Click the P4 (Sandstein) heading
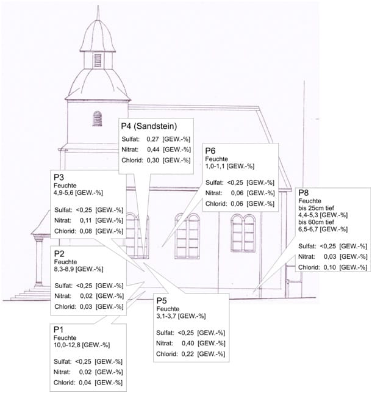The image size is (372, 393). [x=149, y=126]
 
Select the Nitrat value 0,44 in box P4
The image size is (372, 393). [x=153, y=150]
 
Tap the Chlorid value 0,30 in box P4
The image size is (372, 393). [x=153, y=160]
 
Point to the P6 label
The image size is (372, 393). [x=210, y=151]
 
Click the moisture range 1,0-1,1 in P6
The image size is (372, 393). [x=215, y=166]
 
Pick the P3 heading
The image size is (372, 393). [x=59, y=177]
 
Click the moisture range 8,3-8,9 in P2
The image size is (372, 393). [x=64, y=269]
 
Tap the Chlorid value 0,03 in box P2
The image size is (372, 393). [x=86, y=306]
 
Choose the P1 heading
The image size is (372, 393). [x=58, y=330]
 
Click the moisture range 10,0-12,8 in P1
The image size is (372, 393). [x=67, y=345]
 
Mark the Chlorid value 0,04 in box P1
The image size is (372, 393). [x=85, y=383]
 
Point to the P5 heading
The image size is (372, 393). [x=162, y=300]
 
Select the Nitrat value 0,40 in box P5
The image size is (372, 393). [x=188, y=343]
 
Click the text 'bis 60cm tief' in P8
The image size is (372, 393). [x=316, y=222]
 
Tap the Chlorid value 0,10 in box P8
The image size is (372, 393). [x=330, y=267]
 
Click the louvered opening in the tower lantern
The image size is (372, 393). [x=98, y=60]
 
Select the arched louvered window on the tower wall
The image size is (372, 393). [x=97, y=119]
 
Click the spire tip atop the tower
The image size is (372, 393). [x=98, y=5]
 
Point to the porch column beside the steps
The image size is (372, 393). [x=39, y=261]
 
